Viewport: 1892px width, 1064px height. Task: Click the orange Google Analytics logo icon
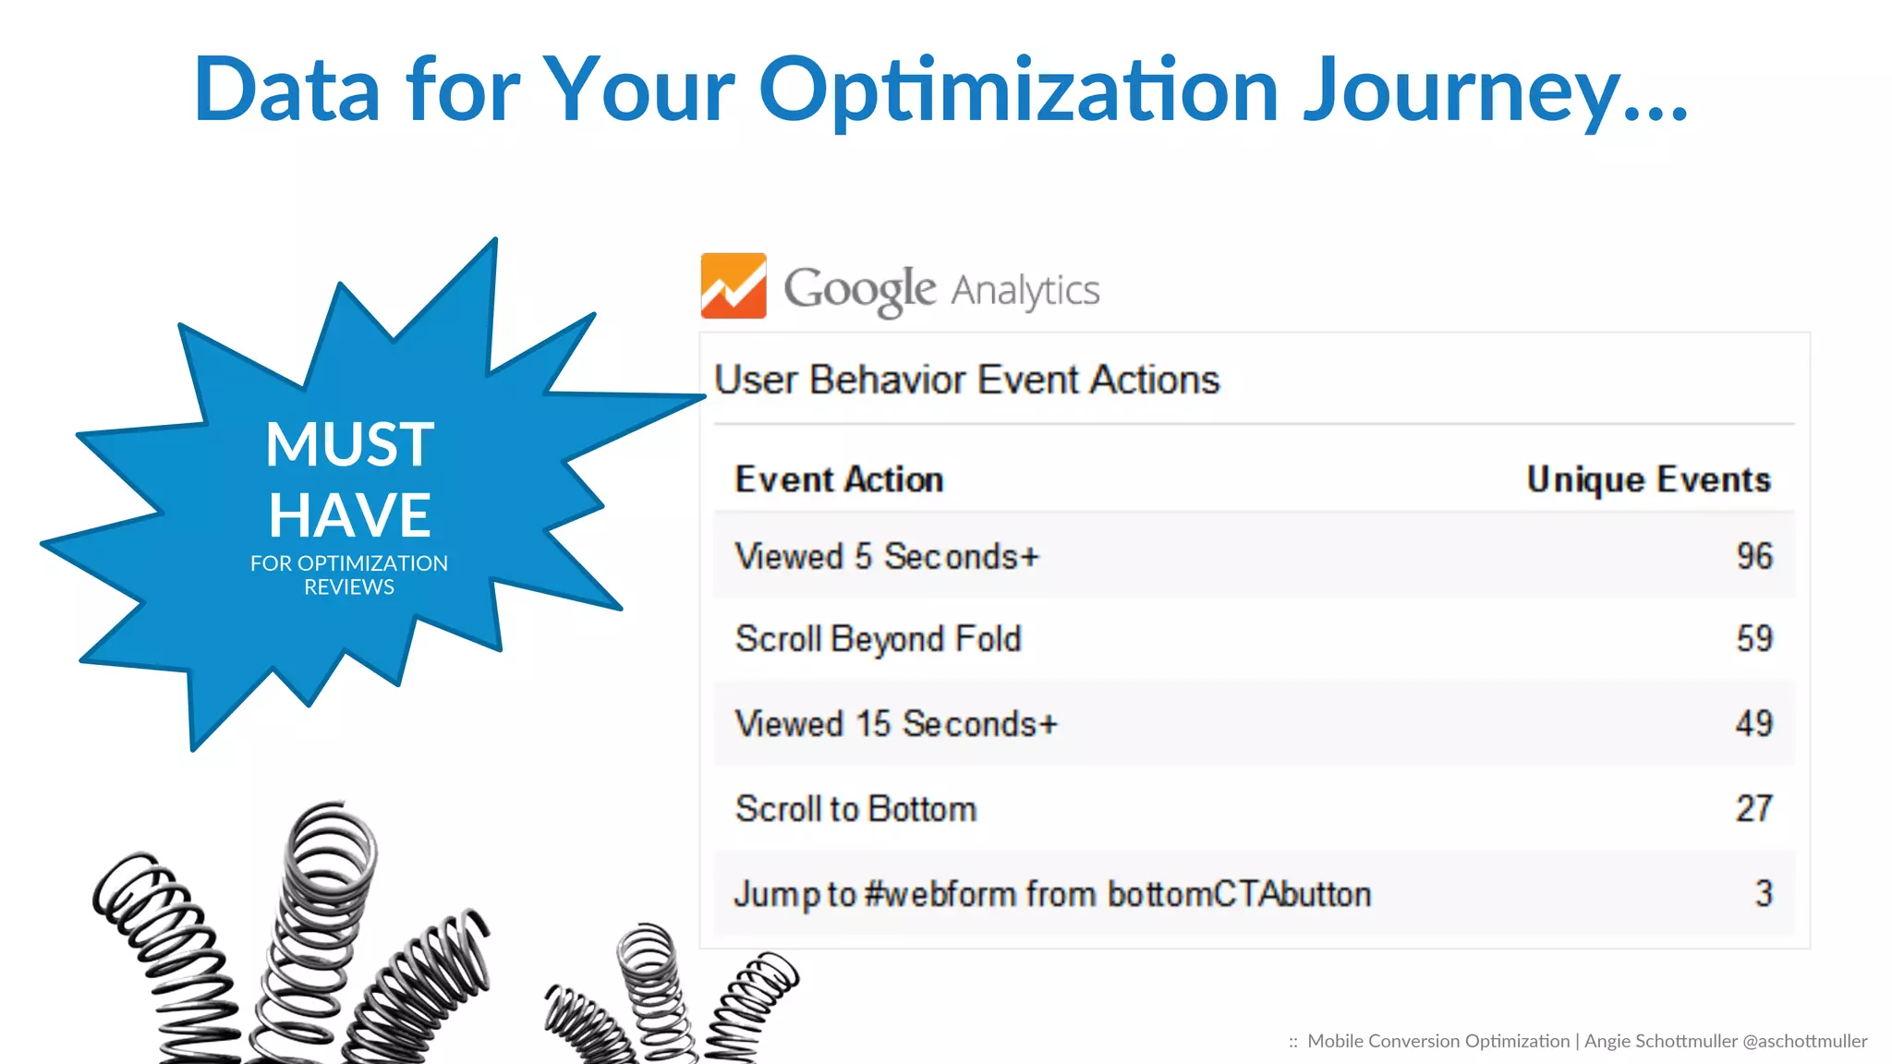point(734,286)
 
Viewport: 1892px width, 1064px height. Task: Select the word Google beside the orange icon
point(859,290)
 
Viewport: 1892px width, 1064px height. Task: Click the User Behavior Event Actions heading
point(966,380)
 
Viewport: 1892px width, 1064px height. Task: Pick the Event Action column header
point(839,479)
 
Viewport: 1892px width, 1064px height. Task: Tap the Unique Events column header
point(1648,479)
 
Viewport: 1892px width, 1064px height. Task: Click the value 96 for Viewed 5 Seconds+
point(1753,556)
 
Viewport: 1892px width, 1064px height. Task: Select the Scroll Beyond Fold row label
point(878,639)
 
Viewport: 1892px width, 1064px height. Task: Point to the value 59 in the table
point(1753,639)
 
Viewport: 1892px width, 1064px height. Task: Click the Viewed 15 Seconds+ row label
point(895,723)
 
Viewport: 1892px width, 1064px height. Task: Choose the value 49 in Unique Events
point(1753,723)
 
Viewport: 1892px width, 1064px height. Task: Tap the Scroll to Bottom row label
point(855,809)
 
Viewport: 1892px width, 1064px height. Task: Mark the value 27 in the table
point(1753,809)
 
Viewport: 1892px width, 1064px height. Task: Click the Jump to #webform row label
point(1051,894)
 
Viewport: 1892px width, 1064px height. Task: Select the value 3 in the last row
point(1763,894)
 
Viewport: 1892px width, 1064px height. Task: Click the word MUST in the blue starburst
point(349,444)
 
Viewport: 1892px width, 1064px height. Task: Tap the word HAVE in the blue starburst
point(349,514)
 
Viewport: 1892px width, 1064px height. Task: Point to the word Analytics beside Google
point(1025,290)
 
